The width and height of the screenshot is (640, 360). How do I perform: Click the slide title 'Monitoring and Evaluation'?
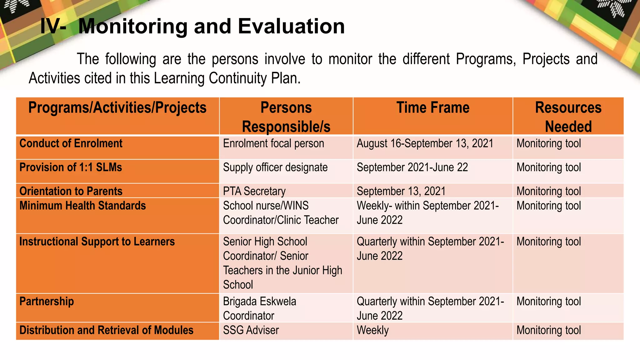(192, 26)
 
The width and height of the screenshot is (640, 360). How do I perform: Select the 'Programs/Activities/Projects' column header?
(117, 108)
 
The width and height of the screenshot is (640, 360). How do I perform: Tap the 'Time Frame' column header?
(433, 108)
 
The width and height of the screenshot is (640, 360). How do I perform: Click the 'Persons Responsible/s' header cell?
(286, 117)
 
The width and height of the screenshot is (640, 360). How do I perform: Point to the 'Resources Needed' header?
(568, 117)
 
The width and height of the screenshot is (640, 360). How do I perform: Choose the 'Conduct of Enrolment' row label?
(71, 143)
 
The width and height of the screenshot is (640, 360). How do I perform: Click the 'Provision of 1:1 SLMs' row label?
(71, 167)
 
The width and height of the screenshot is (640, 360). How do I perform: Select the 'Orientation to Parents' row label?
(71, 191)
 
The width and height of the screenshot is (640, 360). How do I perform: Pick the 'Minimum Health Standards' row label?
(82, 206)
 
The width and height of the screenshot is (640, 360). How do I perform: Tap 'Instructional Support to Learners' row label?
(97, 242)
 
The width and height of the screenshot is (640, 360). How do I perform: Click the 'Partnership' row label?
(47, 301)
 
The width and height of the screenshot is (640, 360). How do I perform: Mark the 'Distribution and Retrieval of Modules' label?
(106, 330)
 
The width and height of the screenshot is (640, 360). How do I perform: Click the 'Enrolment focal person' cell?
(273, 143)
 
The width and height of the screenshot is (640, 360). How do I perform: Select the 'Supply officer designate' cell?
(275, 167)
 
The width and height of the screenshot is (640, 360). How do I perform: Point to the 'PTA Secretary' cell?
(254, 191)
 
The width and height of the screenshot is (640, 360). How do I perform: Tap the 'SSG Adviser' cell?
(251, 330)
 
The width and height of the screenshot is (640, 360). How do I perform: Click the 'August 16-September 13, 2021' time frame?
(425, 143)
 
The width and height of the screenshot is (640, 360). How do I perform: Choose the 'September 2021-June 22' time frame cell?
(412, 167)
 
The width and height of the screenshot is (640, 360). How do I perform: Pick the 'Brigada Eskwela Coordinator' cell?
(259, 308)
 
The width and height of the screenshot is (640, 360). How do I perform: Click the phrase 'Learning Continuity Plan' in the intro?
(225, 78)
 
